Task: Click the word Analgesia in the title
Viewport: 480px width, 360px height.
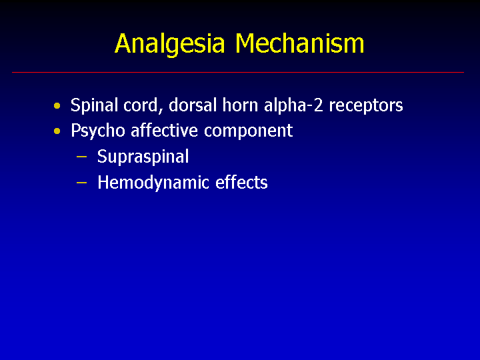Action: pyautogui.click(x=170, y=44)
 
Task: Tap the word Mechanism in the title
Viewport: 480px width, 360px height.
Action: pyautogui.click(x=300, y=43)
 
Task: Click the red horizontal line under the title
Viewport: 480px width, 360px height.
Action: pyautogui.click(x=238, y=72)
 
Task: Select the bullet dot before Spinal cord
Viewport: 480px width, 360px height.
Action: pyautogui.click(x=57, y=106)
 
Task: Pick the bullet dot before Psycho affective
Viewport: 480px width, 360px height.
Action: pyautogui.click(x=57, y=131)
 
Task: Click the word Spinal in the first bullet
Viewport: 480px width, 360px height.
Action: pyautogui.click(x=94, y=105)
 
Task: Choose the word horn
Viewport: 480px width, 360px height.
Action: pyautogui.click(x=240, y=105)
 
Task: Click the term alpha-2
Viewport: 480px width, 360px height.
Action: pyautogui.click(x=293, y=105)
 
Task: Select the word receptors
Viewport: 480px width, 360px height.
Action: pyautogui.click(x=366, y=106)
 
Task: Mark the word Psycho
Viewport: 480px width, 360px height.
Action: pyautogui.click(x=98, y=131)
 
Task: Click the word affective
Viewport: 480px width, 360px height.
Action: pyautogui.click(x=165, y=131)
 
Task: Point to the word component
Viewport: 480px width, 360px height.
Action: pyautogui.click(x=248, y=131)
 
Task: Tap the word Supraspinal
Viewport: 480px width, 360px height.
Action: pyautogui.click(x=143, y=157)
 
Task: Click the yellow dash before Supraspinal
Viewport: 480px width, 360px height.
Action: pyautogui.click(x=81, y=157)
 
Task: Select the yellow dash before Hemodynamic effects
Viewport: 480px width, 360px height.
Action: pyautogui.click(x=81, y=183)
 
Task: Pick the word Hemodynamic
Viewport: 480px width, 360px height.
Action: pyautogui.click(x=153, y=183)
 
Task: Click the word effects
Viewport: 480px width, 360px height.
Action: pyautogui.click(x=241, y=183)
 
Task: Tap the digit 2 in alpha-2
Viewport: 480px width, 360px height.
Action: pyautogui.click(x=319, y=105)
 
